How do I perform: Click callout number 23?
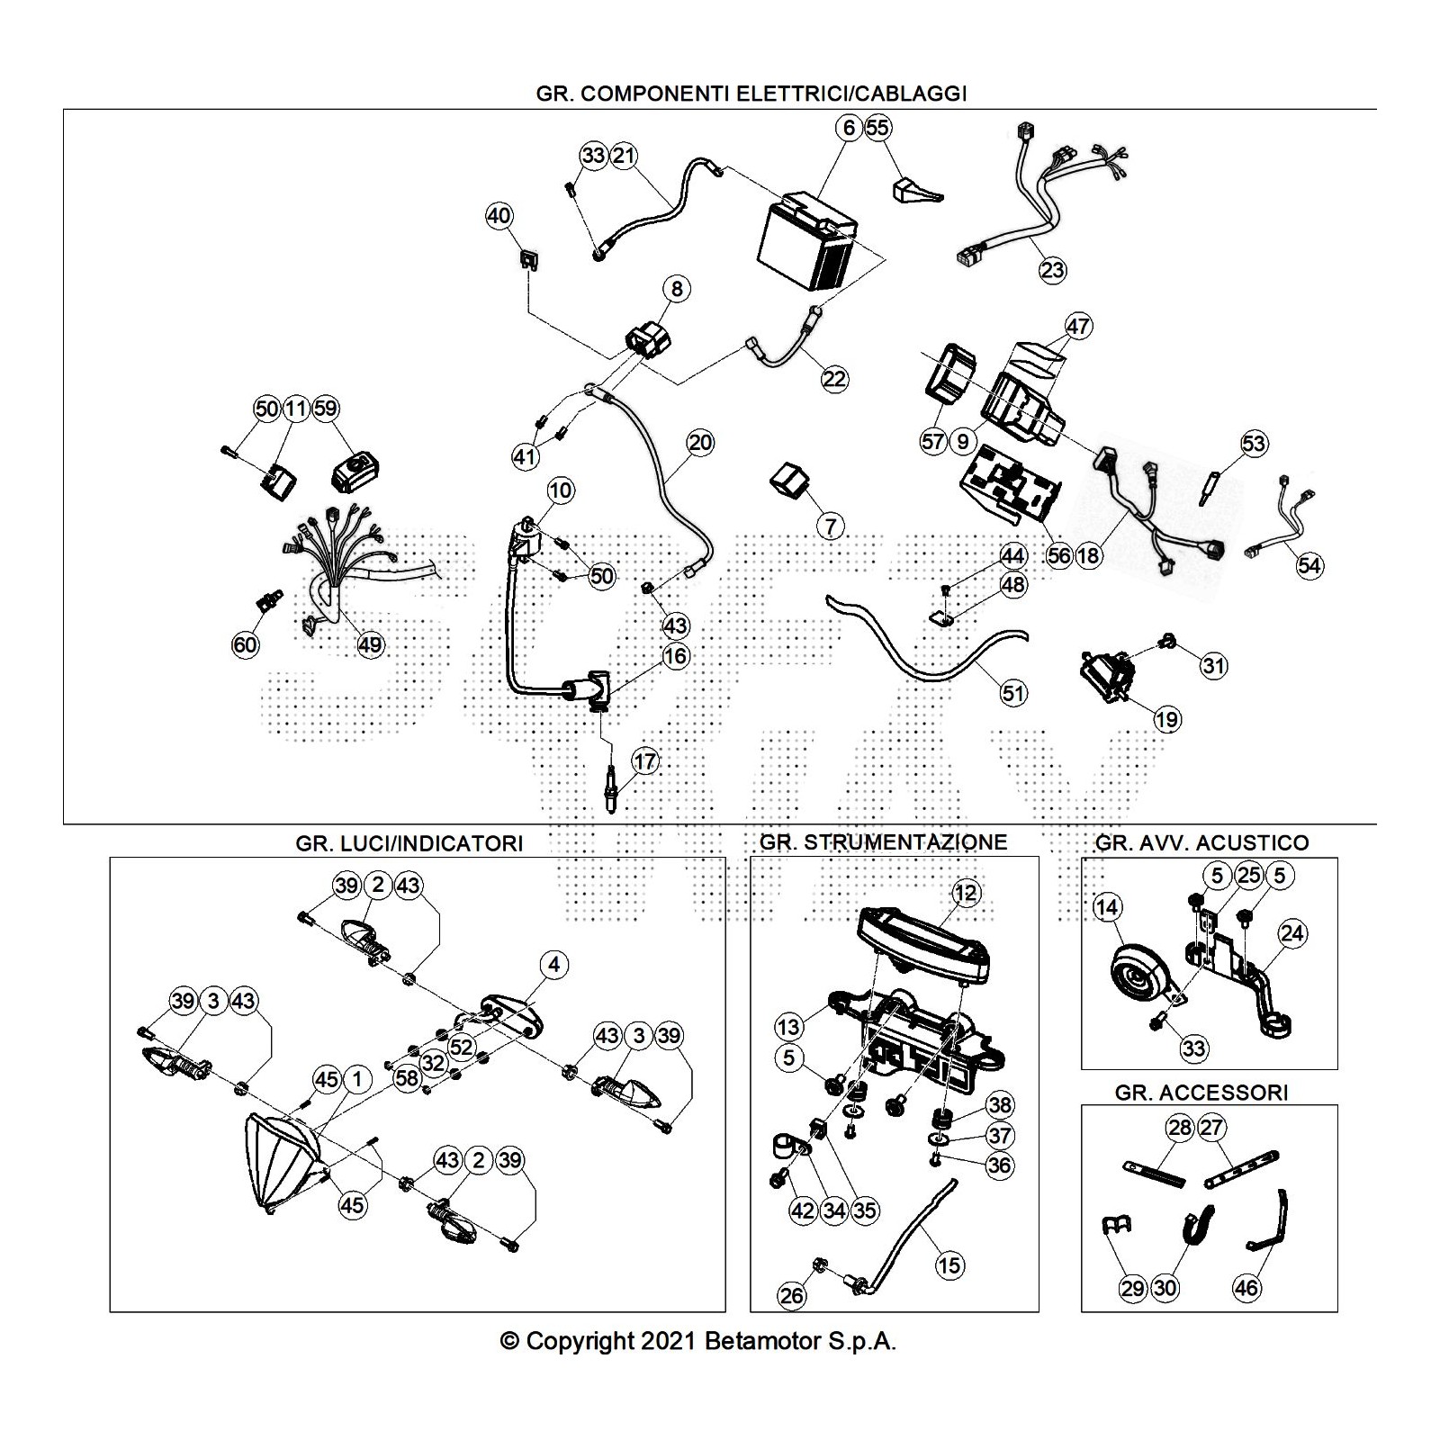(x=1052, y=269)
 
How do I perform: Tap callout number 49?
(x=370, y=644)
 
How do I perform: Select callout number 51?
(x=1013, y=693)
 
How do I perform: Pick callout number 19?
(x=1167, y=719)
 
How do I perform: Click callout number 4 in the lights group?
(x=553, y=965)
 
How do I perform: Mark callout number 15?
(x=949, y=1264)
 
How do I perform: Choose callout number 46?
(x=1246, y=1288)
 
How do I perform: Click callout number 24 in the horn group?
(x=1291, y=934)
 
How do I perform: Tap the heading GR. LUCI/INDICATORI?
(x=409, y=843)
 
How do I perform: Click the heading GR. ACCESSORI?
(x=1201, y=1093)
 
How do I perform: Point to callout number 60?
(x=245, y=644)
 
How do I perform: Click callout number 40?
(x=499, y=216)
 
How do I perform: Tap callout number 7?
(x=830, y=526)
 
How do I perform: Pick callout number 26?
(x=792, y=1295)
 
